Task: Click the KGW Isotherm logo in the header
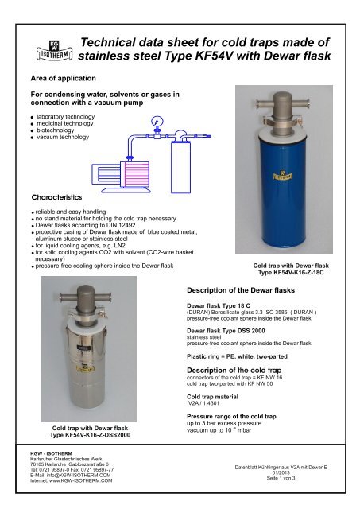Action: click(54, 51)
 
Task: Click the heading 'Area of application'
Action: click(64, 78)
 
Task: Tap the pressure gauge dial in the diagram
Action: click(157, 122)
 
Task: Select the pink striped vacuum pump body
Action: click(134, 174)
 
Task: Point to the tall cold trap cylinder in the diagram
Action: click(180, 167)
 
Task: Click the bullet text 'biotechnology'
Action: click(56, 130)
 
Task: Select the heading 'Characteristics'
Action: click(56, 197)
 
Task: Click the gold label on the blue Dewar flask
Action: click(282, 176)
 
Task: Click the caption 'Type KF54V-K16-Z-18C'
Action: click(291, 272)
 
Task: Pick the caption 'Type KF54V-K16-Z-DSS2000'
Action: click(90, 435)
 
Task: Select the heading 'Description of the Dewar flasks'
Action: click(241, 290)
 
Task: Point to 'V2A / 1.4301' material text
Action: click(203, 403)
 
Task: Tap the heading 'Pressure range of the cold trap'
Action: click(231, 417)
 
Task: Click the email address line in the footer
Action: click(71, 476)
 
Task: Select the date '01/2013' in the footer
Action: click(281, 472)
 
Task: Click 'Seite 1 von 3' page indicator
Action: click(281, 478)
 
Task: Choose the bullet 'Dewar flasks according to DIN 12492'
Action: click(85, 225)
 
